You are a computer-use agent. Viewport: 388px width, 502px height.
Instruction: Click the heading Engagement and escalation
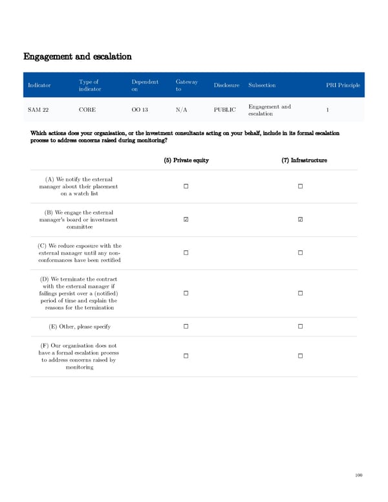78,56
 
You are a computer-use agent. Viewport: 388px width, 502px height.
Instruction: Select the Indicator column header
39,85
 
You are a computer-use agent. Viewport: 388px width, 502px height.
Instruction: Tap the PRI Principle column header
343,85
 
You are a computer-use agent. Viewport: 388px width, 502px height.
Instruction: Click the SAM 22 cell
38,110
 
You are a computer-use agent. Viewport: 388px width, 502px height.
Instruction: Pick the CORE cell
87,110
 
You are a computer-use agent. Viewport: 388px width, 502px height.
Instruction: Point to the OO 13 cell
140,110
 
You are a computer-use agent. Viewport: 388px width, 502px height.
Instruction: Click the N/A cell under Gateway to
182,110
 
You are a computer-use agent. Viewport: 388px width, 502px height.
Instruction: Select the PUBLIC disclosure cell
224,110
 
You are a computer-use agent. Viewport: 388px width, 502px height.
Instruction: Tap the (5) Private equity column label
186,160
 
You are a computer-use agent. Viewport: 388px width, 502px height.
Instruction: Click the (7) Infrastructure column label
304,160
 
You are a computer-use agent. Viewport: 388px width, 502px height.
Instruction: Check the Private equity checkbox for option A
186,187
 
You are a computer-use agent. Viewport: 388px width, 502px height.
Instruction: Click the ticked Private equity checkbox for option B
186,220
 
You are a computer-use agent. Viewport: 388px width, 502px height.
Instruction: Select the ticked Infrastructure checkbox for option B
301,220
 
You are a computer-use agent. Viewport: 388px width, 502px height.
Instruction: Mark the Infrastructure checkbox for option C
301,253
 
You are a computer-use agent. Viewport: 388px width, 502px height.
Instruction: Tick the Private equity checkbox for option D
186,294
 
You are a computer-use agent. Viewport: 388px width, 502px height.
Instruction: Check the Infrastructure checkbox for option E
301,327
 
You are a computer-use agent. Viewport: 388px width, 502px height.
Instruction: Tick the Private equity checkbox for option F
186,356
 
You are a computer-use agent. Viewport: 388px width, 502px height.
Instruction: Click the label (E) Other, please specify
80,327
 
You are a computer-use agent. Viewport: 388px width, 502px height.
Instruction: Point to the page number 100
359,475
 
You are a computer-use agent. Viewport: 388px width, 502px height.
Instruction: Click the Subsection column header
262,85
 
